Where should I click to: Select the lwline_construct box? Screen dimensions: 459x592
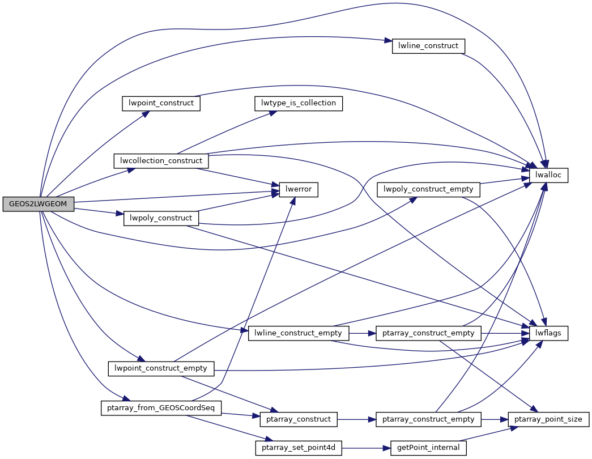(x=428, y=46)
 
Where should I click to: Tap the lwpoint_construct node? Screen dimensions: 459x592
(x=161, y=103)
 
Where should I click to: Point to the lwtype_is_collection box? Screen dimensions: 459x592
(x=299, y=103)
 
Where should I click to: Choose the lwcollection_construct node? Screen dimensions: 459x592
(x=161, y=160)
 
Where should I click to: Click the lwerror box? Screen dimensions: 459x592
(x=299, y=189)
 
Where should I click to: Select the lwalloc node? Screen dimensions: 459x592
(x=548, y=175)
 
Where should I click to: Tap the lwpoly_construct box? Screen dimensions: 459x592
(x=161, y=218)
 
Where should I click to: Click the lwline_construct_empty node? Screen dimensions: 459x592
(x=299, y=333)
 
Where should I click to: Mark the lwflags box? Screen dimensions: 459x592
(x=548, y=333)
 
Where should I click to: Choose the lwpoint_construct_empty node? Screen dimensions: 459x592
(x=161, y=368)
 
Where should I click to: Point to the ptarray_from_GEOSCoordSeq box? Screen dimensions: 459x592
(x=161, y=408)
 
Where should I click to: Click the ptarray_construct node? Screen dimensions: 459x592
(x=299, y=419)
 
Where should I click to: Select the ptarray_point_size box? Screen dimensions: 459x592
(x=548, y=419)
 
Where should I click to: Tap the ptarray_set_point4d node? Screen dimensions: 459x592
(x=299, y=448)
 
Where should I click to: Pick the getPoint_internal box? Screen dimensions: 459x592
(x=428, y=448)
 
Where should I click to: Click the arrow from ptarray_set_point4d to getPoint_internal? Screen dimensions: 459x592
(x=366, y=448)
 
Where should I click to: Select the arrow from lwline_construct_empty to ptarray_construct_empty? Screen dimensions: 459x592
(x=363, y=333)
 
